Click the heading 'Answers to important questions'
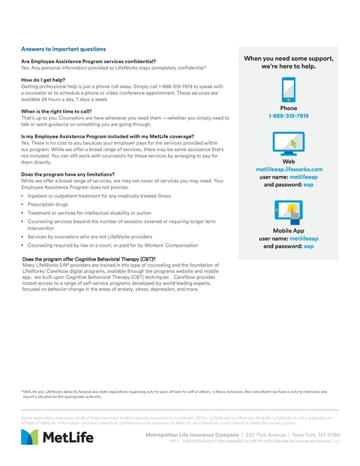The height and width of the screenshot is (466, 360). coord(63,49)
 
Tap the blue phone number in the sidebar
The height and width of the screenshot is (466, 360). coord(289,116)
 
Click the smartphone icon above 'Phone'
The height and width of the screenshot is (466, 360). coord(289,91)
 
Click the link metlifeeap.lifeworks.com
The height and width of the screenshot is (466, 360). coord(289,169)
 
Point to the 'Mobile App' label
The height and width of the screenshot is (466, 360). coord(289,231)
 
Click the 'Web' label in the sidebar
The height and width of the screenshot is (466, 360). coord(289,162)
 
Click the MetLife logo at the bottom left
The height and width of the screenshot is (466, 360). coord(58,437)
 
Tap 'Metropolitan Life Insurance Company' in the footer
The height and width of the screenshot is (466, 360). coord(189,435)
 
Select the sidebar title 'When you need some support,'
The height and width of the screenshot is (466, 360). coord(289,58)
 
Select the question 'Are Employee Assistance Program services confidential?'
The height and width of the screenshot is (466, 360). coord(89,61)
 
